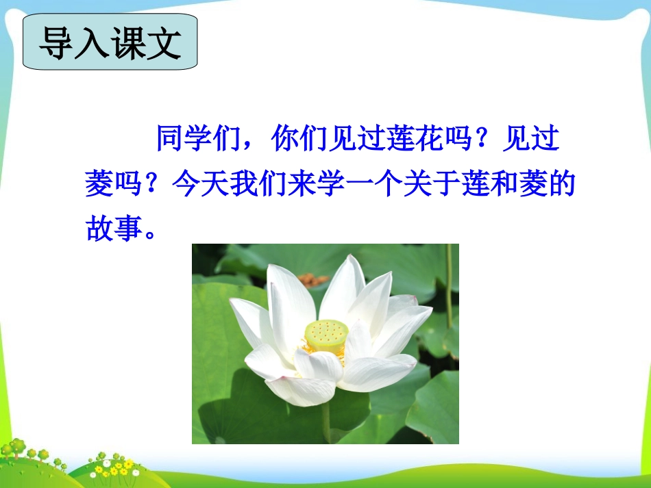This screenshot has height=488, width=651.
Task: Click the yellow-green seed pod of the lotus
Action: pos(326,333)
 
